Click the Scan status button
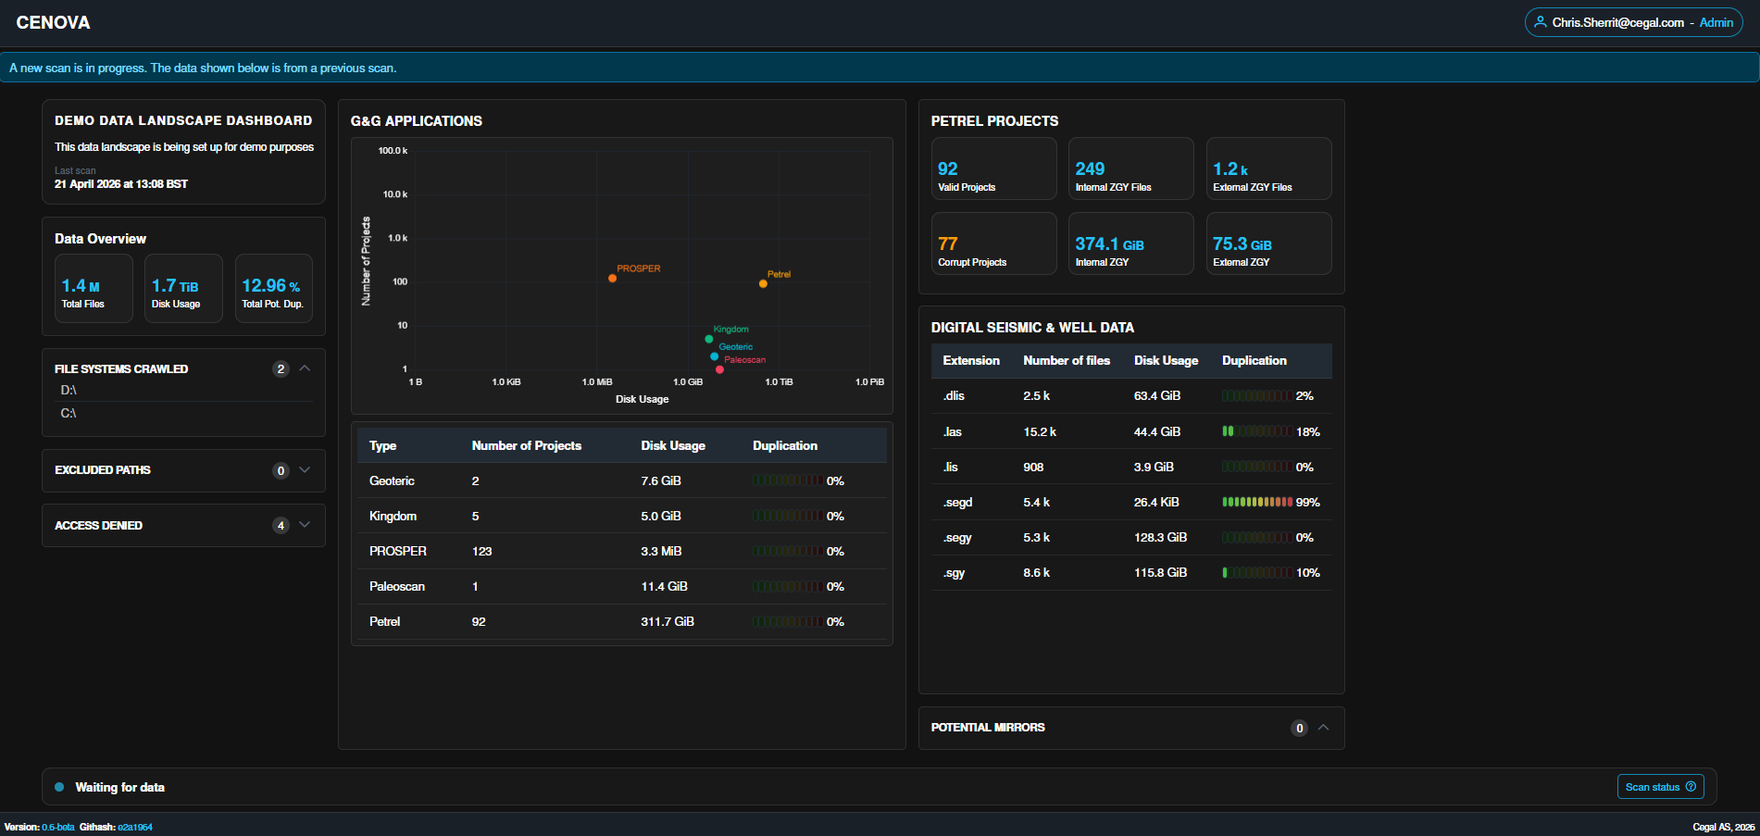[x=1661, y=787]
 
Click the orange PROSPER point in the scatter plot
[x=612, y=278]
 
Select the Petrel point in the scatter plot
[x=763, y=283]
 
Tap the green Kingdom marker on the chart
[x=709, y=339]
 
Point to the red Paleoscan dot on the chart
[x=719, y=369]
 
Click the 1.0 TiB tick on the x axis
[x=779, y=381]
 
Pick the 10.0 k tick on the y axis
[x=394, y=194]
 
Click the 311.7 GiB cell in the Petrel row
[x=668, y=621]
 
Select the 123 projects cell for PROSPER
[x=481, y=551]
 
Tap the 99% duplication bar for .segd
[x=1257, y=502]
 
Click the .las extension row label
[x=953, y=431]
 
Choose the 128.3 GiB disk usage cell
[x=1160, y=537]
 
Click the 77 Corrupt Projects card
[x=993, y=243]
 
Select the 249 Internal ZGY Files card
[x=1130, y=168]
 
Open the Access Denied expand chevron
[x=305, y=525]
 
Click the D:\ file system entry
[x=69, y=390]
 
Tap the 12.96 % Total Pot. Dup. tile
[x=273, y=288]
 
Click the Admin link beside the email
[x=1716, y=22]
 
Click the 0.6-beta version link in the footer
[x=58, y=827]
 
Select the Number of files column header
[x=1066, y=360]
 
